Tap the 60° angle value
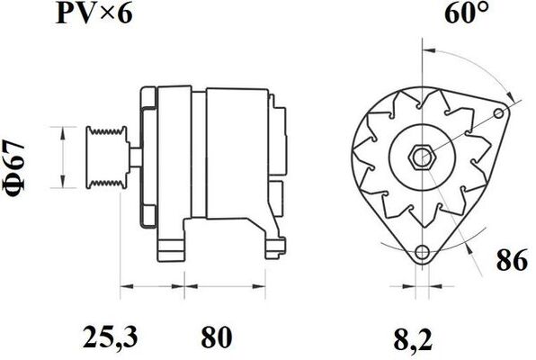coord(467,15)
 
